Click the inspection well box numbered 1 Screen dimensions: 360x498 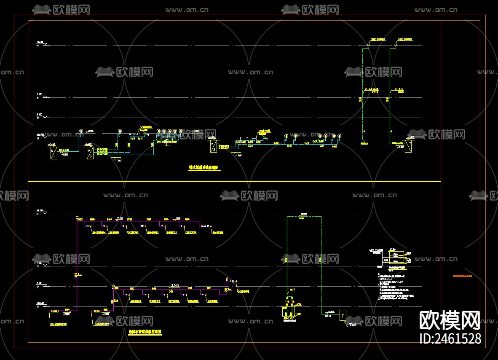pos(53,152)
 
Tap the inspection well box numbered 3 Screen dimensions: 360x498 pos(213,146)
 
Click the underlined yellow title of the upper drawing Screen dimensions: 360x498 pos(204,168)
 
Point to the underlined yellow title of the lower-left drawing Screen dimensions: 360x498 pos(145,332)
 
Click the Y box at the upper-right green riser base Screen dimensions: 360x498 pos(408,146)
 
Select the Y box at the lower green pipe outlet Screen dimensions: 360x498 pos(343,315)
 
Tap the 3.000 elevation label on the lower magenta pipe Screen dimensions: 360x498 pos(174,285)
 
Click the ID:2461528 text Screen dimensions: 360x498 pos(450,339)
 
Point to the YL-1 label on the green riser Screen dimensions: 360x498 pos(292,290)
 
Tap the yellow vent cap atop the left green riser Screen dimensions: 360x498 pos(378,40)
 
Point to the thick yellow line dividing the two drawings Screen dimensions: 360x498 pos(234,181)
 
